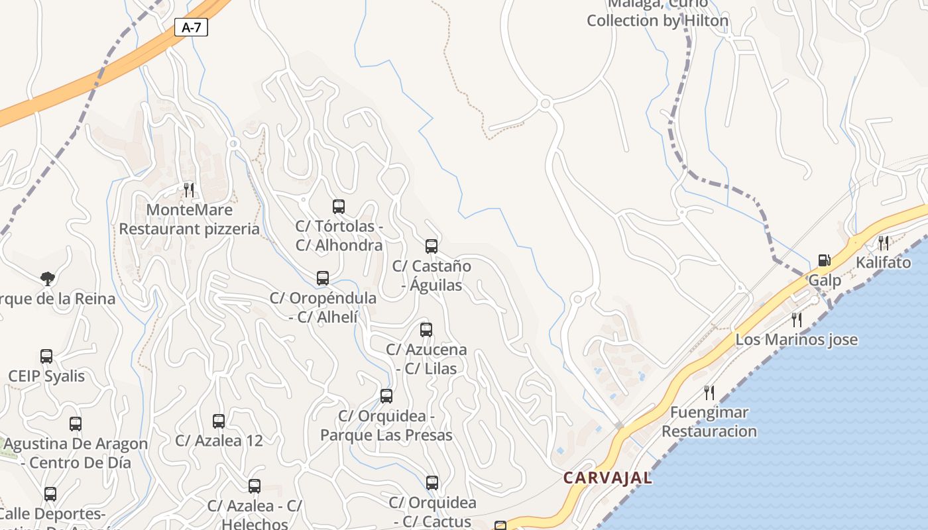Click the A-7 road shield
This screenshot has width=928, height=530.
(191, 27)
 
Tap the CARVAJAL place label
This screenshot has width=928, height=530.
(607, 477)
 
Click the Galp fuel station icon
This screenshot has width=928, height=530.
(824, 260)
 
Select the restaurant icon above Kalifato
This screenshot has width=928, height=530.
(883, 242)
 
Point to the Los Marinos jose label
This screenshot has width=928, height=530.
(796, 340)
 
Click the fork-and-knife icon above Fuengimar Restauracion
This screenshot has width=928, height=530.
(709, 392)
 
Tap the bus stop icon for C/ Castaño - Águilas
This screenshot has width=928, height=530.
(432, 246)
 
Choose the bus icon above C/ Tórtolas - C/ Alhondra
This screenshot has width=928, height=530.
(339, 207)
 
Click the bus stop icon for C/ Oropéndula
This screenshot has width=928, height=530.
(323, 278)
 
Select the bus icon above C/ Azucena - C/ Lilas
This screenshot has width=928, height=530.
(426, 329)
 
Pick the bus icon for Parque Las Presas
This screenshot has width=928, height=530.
(386, 396)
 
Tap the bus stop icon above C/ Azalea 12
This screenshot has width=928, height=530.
(219, 421)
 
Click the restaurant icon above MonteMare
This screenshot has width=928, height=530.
(189, 190)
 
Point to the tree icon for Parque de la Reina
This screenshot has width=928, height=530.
(47, 278)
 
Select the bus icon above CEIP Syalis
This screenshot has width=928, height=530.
(46, 356)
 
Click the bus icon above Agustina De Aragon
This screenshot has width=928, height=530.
(76, 424)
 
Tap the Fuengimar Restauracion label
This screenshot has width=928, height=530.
(709, 422)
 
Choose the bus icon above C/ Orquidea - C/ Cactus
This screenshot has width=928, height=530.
(432, 483)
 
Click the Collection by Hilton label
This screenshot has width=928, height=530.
(657, 21)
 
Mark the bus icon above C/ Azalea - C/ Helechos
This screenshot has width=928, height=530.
(255, 486)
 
